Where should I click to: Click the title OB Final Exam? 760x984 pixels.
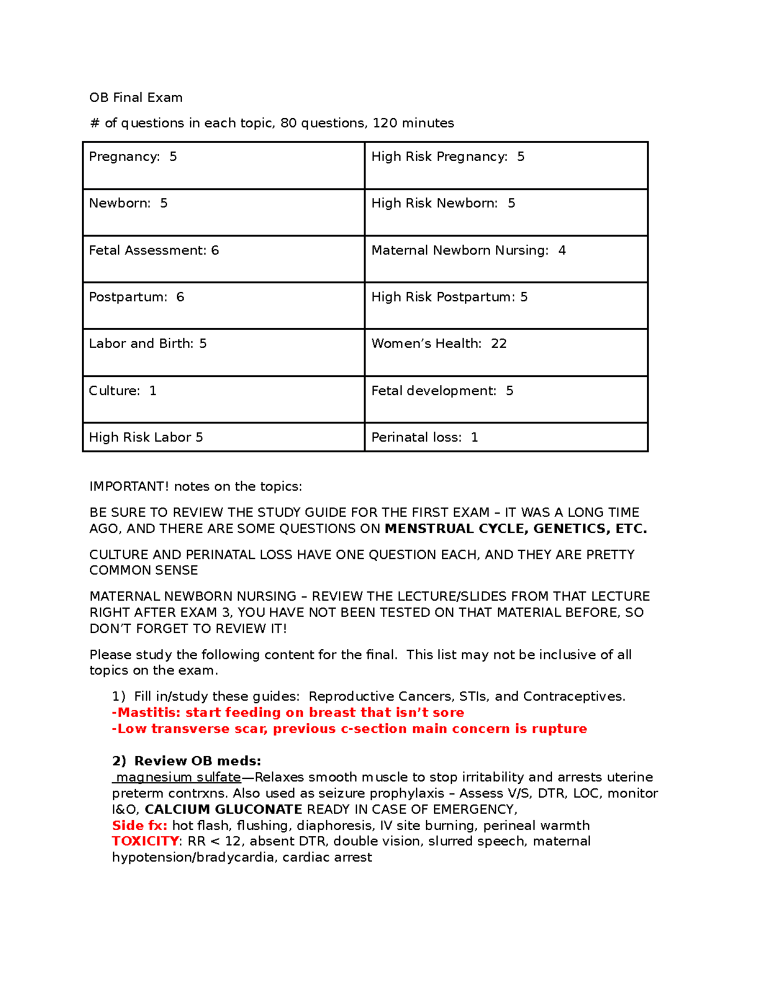pyautogui.click(x=135, y=98)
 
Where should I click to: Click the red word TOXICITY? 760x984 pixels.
pyautogui.click(x=145, y=841)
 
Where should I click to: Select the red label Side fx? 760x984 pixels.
pyautogui.click(x=140, y=826)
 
